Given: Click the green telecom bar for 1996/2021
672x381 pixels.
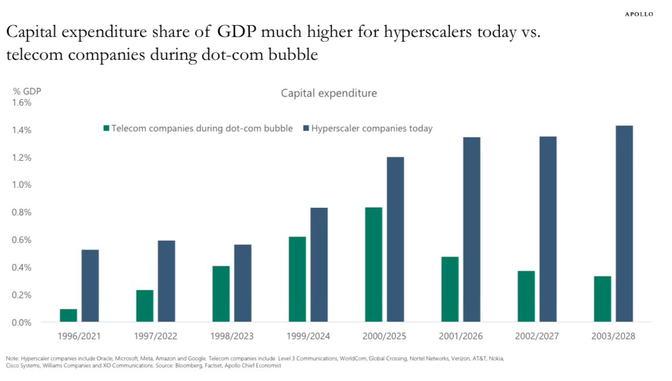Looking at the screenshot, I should coord(68,315).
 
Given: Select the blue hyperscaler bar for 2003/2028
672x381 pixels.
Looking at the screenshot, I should coord(624,224).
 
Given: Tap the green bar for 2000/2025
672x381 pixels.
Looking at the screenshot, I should coord(373,265).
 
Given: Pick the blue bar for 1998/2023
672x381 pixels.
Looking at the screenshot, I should coord(242,283).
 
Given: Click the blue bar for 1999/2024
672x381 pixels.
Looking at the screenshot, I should coord(319,265).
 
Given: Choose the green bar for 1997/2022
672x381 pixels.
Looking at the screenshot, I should coord(144,306).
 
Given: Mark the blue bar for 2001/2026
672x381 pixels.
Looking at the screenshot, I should coord(471,230).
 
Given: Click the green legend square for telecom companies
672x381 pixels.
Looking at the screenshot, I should coord(106,129).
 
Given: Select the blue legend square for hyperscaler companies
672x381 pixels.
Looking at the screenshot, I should coord(306,129).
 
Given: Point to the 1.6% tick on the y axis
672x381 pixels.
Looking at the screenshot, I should coord(22,102).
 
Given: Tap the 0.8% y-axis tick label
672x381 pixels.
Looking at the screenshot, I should coord(22,213).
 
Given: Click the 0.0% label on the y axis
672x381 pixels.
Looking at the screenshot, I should coord(22,322).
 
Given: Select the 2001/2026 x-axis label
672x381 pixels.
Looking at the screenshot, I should coord(461,337).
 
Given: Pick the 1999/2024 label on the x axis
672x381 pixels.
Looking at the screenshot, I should coord(309,337).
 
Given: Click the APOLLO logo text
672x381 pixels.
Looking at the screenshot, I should coord(639,14).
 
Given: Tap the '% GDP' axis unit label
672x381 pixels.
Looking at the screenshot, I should coord(27,91).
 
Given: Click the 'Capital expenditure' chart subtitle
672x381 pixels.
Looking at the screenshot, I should coord(329,93).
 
